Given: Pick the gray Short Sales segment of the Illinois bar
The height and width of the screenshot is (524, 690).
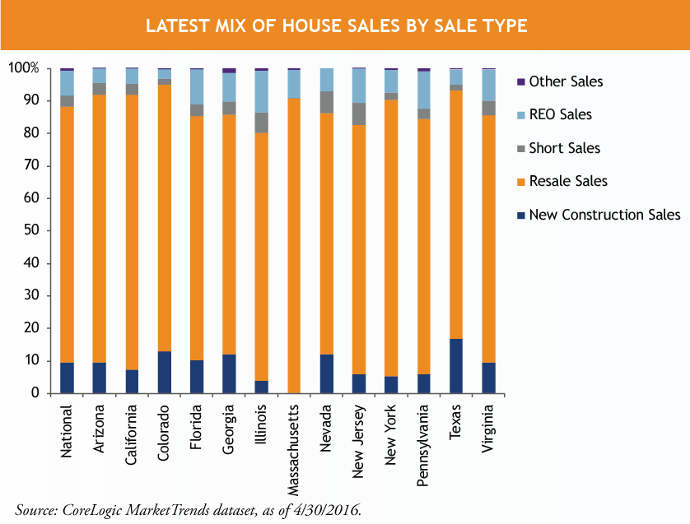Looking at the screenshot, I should click(262, 123).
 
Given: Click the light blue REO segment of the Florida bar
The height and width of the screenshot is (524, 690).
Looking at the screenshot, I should click(197, 87).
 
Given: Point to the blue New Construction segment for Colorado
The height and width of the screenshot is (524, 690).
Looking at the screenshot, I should click(165, 372).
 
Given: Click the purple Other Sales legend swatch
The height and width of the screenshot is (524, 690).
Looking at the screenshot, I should click(520, 81).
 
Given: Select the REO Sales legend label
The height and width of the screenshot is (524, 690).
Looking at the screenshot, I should click(560, 115).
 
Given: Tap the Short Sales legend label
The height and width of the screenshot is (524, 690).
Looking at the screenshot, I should click(564, 148).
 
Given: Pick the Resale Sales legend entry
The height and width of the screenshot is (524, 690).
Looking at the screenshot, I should click(568, 181).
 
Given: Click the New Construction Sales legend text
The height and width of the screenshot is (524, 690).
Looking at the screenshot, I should click(604, 215).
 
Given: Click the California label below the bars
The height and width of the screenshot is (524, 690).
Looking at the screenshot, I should click(132, 433).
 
